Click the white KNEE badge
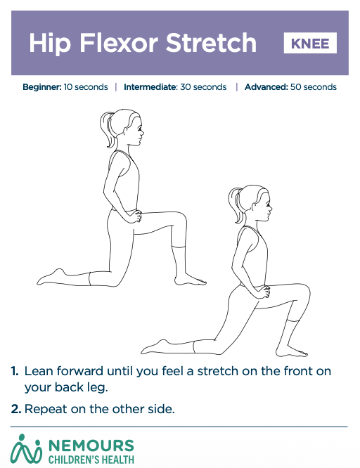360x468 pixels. [310, 43]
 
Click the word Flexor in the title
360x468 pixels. [119, 43]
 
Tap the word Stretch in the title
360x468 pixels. [211, 43]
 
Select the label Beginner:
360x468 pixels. [42, 87]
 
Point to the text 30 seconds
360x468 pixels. [203, 87]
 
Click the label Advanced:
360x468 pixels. [266, 87]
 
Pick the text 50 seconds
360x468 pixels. [314, 87]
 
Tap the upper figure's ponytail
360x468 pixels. [107, 129]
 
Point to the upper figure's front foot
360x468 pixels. [190, 280]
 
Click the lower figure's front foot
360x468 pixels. [291, 351]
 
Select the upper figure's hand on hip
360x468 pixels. [135, 216]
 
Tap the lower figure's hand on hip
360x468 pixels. [263, 292]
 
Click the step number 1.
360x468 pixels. [15, 371]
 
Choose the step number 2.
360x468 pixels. [16, 409]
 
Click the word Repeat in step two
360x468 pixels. [46, 409]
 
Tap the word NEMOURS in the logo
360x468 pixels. [91, 446]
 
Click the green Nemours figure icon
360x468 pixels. [26, 449]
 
